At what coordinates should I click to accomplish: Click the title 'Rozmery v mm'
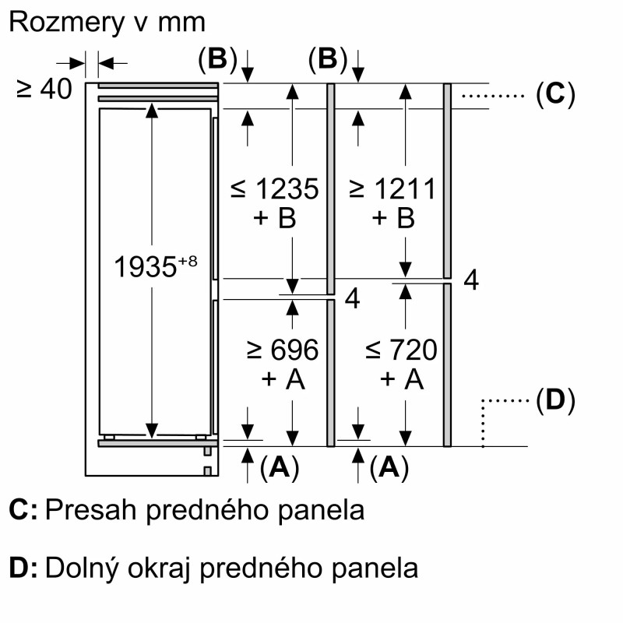tap(107, 23)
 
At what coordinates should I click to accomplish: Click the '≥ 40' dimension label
tap(44, 89)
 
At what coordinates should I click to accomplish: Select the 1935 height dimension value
tap(145, 266)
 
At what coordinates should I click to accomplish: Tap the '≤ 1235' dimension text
tap(275, 188)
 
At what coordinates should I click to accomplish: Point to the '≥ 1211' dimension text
tap(392, 188)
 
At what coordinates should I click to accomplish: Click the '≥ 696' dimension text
tap(283, 350)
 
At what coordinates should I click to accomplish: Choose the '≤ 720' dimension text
tap(401, 350)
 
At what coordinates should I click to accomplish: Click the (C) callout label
tap(555, 94)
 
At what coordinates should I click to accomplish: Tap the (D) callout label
tap(555, 399)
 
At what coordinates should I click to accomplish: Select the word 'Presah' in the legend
tap(91, 509)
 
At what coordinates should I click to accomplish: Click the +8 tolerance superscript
tap(188, 261)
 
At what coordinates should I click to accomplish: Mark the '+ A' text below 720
tap(402, 379)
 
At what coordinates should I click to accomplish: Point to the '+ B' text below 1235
tap(275, 218)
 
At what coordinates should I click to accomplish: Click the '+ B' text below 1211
tap(393, 218)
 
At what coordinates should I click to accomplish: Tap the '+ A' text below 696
tap(283, 379)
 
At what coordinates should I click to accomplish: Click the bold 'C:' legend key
tap(23, 509)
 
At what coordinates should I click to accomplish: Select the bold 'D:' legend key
tap(23, 568)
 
